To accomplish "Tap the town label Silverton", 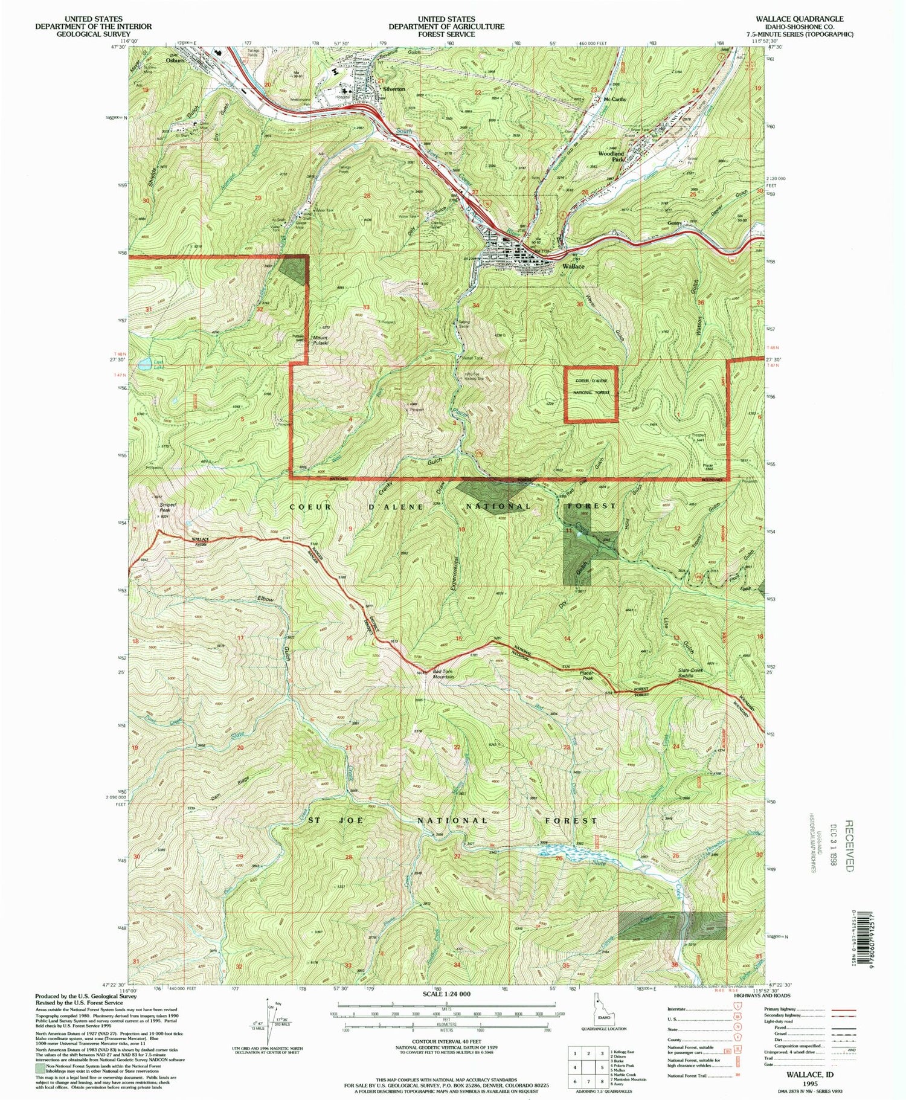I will click(x=394, y=89).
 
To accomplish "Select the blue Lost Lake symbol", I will click(x=145, y=365).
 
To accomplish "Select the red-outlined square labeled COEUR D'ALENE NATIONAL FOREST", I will click(x=591, y=395).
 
